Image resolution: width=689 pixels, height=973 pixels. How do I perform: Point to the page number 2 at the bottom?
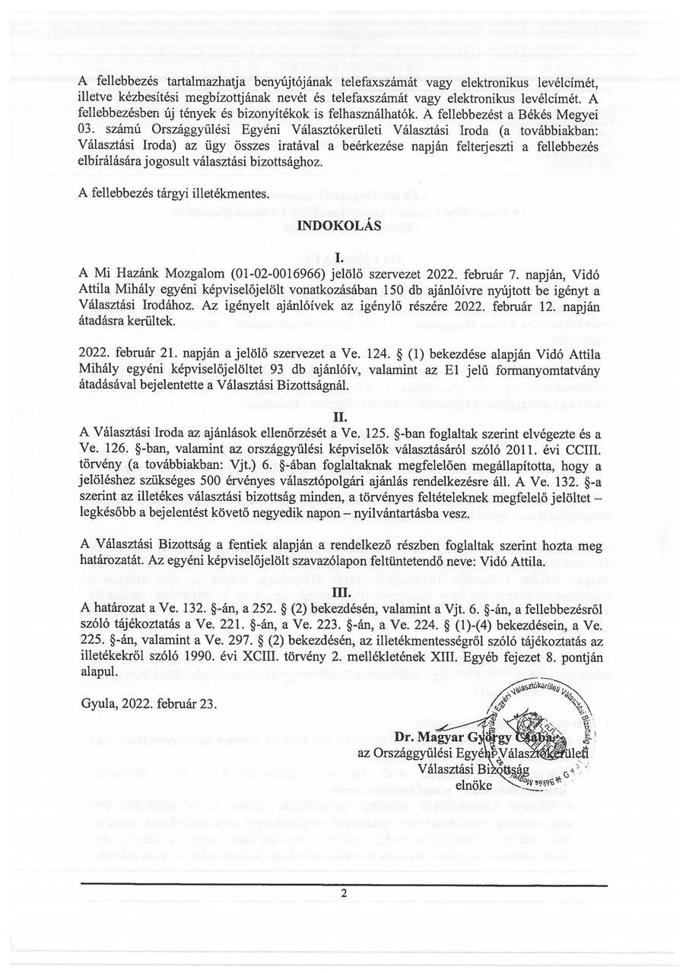coord(344,893)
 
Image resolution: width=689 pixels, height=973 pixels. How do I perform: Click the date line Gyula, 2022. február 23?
coord(148,702)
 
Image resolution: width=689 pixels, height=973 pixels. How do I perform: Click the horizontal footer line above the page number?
coord(344,886)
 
